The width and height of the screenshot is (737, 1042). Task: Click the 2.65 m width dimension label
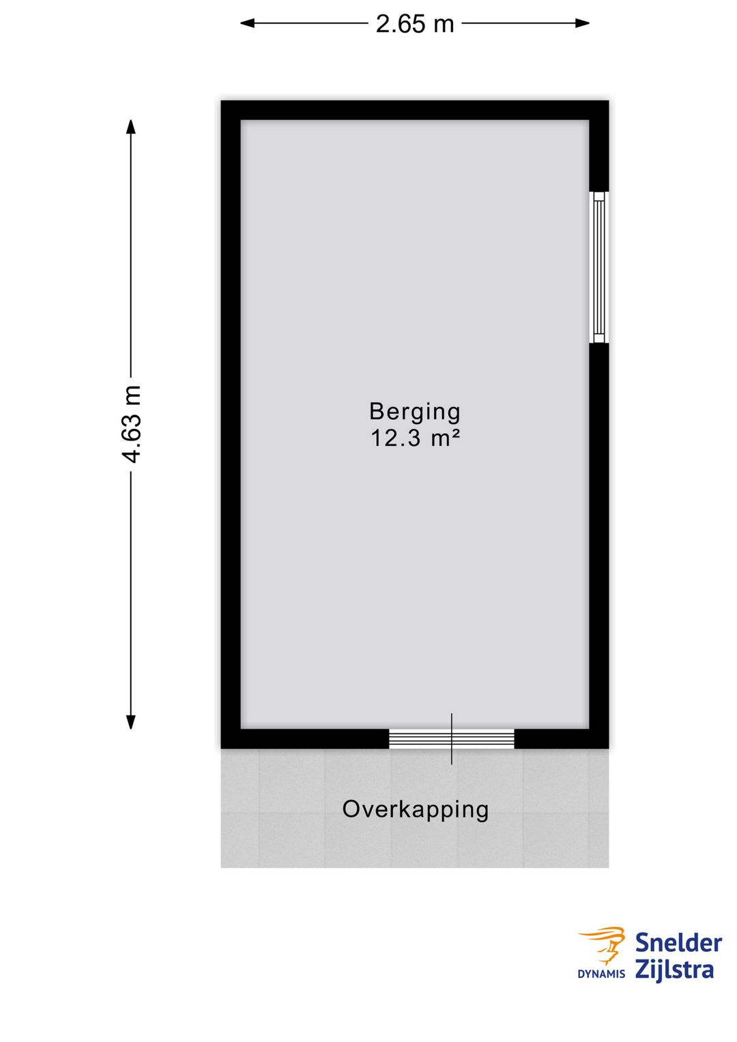pyautogui.click(x=415, y=24)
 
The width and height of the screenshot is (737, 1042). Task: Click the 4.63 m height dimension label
pyautogui.click(x=132, y=423)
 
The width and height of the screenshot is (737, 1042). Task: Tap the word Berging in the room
pyautogui.click(x=415, y=411)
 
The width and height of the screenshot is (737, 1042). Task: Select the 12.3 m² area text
pyautogui.click(x=415, y=438)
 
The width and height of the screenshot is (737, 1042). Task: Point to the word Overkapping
pyautogui.click(x=416, y=809)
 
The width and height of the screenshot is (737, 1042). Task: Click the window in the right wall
pyautogui.click(x=598, y=267)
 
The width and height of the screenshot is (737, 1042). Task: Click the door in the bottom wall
pyautogui.click(x=452, y=739)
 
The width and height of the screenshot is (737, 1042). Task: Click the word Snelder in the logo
pyautogui.click(x=678, y=943)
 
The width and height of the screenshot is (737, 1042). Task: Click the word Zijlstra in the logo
pyautogui.click(x=674, y=970)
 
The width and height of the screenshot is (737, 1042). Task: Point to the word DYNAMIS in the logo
pyautogui.click(x=601, y=974)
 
